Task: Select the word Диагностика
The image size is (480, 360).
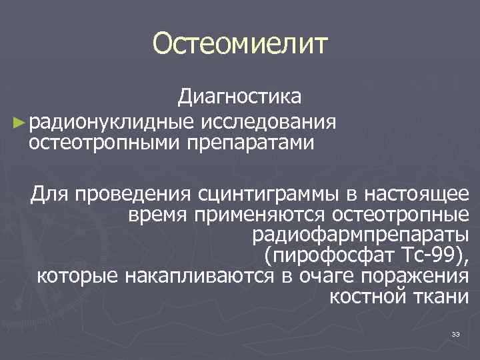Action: click(239, 97)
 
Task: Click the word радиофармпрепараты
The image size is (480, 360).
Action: click(361, 235)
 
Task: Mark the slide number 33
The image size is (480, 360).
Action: click(457, 334)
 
